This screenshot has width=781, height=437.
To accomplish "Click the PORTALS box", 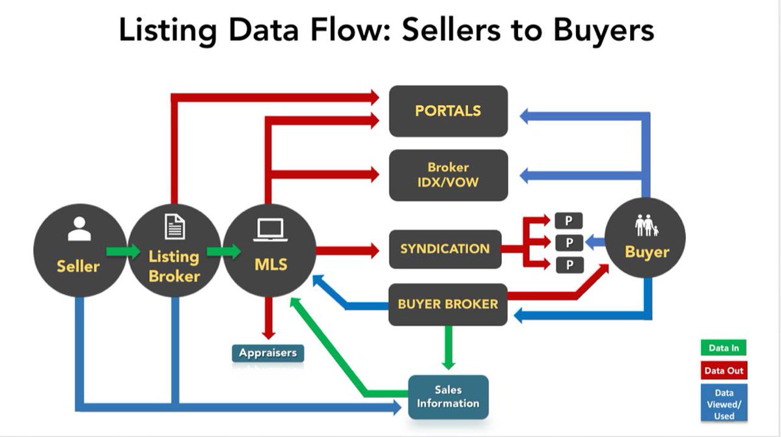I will (448, 111).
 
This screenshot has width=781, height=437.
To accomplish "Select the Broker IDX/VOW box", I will (448, 175).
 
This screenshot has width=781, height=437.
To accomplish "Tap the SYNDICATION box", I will (445, 248).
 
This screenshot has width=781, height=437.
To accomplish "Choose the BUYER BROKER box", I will (448, 304).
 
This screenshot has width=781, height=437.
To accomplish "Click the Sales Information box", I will (448, 397).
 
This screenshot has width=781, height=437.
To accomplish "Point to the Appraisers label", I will (267, 353).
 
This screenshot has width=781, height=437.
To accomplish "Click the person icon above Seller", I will (79, 229).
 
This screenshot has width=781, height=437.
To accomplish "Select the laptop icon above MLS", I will (268, 229).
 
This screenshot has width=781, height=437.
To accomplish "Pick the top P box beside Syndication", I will (568, 220).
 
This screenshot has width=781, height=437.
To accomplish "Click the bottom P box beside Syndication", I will (568, 265).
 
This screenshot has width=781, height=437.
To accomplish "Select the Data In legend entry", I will (724, 348).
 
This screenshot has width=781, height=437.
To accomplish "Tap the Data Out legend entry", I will (724, 371).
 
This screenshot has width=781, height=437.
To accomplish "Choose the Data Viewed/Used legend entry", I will (724, 403).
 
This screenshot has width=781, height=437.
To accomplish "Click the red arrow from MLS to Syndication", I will (348, 249).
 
